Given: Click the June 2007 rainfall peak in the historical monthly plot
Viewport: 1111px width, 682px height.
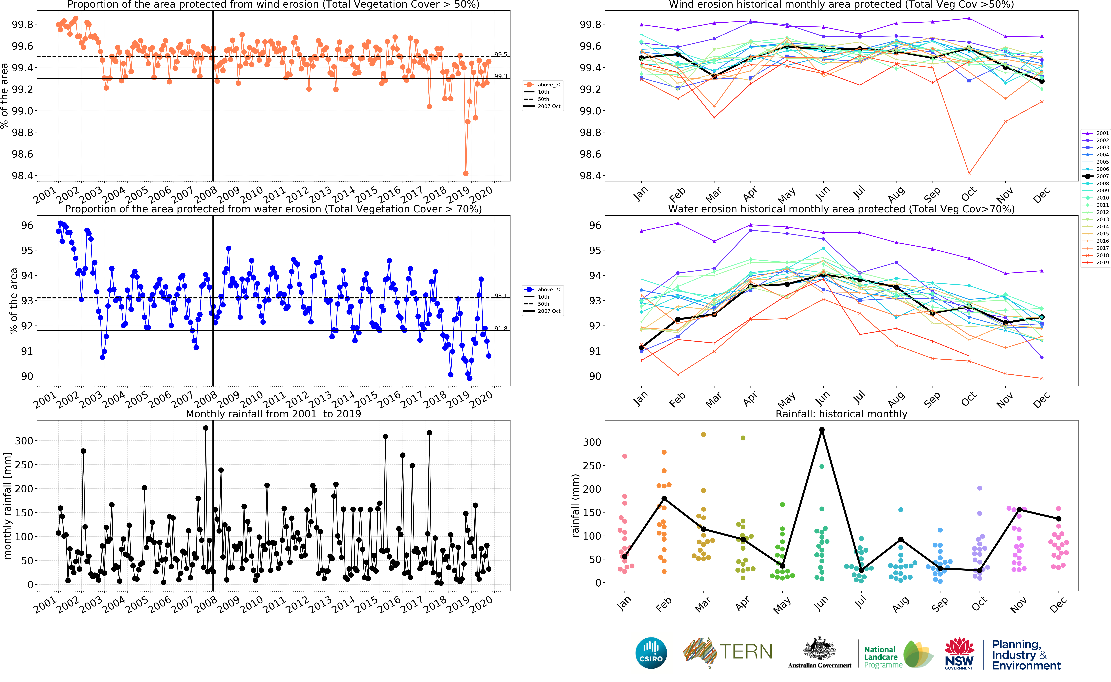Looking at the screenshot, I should point(822,430).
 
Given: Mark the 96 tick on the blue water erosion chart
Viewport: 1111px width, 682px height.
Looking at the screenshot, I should point(27,225).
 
